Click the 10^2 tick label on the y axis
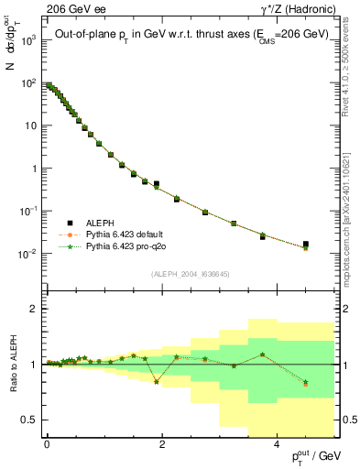click(x=26, y=83)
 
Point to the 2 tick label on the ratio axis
click(x=33, y=309)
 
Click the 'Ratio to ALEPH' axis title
click(x=10, y=364)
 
